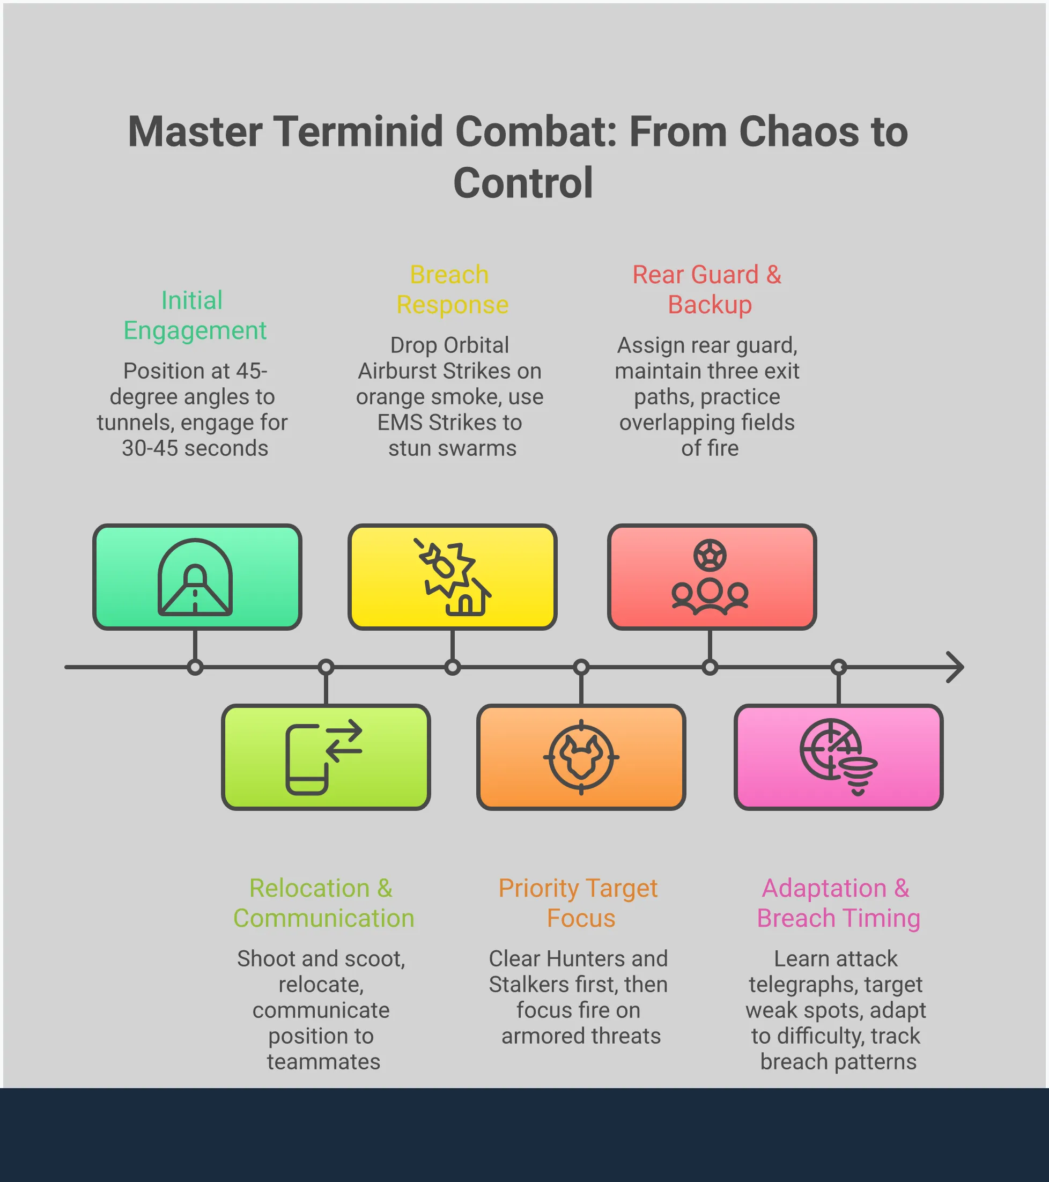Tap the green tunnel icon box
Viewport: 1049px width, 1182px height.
pyautogui.click(x=197, y=577)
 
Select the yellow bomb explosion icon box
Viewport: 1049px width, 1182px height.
pyautogui.click(x=452, y=577)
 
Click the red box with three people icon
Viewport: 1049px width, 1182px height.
pyautogui.click(x=711, y=577)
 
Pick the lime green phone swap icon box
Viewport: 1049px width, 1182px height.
pyautogui.click(x=326, y=757)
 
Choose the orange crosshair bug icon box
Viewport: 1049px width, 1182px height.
pyautogui.click(x=581, y=757)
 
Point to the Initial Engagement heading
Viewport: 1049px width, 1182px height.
pyautogui.click(x=194, y=315)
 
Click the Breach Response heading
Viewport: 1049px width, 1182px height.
pyautogui.click(x=452, y=290)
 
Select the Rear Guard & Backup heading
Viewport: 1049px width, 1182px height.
pyautogui.click(x=708, y=290)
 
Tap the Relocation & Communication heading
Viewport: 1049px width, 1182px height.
pyautogui.click(x=323, y=903)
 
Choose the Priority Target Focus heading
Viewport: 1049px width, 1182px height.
pyautogui.click(x=579, y=903)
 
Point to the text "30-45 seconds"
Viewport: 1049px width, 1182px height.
pyautogui.click(x=195, y=448)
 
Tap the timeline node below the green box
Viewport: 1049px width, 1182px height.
pyautogui.click(x=195, y=667)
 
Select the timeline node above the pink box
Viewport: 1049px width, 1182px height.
pyautogui.click(x=839, y=667)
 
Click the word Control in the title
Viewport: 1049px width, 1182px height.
pyautogui.click(x=523, y=183)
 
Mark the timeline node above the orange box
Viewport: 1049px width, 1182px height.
pyautogui.click(x=581, y=667)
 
